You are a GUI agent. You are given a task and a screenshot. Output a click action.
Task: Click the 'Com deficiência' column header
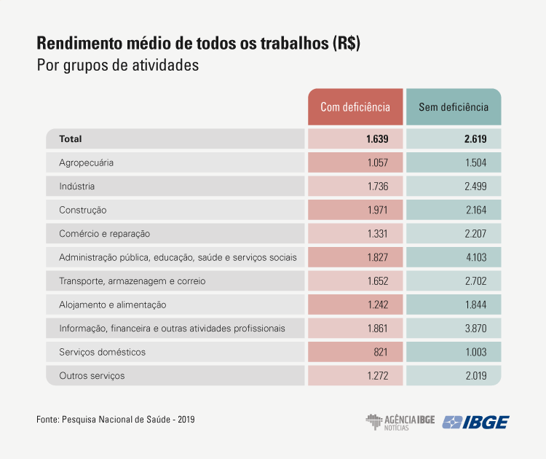coord(355,107)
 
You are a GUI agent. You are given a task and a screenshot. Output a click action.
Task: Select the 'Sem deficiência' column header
coord(454,107)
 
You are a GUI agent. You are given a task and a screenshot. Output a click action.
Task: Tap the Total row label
coord(71,138)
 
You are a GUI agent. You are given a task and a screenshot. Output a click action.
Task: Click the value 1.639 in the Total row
coord(377,138)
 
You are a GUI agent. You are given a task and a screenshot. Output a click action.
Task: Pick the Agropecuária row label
coord(86,162)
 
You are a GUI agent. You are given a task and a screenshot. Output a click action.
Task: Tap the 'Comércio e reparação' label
coord(104,234)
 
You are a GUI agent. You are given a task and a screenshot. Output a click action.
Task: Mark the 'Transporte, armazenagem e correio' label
coord(132,281)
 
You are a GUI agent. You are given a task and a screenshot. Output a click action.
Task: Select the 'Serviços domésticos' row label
coord(103,352)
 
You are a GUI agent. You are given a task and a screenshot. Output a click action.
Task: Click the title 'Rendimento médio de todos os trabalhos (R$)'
coord(198,43)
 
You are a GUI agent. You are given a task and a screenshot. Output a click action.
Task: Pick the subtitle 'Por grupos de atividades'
coord(117,65)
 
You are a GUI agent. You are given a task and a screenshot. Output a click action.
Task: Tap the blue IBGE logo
coord(476,422)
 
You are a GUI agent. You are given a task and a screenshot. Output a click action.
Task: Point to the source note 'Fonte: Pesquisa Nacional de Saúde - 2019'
coord(115,420)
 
